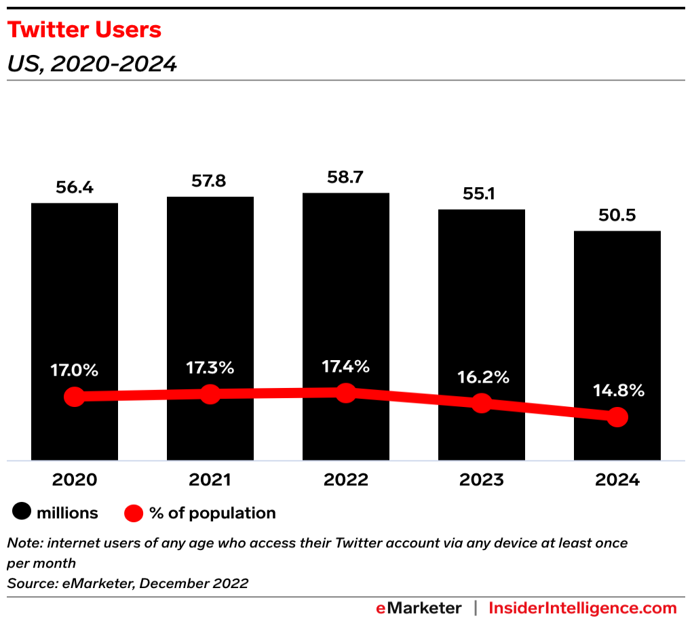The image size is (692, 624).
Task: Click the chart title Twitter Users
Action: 84,31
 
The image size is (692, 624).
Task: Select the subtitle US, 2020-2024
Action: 92,64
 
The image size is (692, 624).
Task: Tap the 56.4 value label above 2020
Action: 75,188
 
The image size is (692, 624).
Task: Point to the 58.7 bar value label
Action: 346,178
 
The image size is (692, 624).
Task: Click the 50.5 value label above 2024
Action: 617,216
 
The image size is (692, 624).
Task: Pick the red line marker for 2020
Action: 75,397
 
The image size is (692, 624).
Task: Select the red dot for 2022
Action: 346,392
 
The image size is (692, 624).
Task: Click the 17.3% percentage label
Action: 210,368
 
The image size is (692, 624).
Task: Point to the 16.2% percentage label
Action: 482,377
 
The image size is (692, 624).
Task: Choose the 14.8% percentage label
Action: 617,391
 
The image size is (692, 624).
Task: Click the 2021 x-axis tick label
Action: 210,480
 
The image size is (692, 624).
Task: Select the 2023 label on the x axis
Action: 482,480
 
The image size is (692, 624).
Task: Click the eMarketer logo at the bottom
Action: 419,608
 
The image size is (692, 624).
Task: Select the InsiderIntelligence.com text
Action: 583,608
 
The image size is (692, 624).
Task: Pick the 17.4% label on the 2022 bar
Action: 346,367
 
